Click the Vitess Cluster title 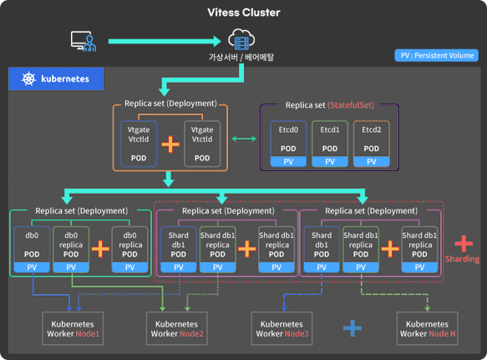[x=243, y=13]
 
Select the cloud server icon [x=240, y=39]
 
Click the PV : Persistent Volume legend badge [x=436, y=57]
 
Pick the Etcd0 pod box [x=288, y=143]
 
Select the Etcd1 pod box [x=329, y=143]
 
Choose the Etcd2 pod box [x=371, y=143]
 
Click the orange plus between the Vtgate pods [x=170, y=144]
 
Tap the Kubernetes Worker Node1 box [x=74, y=327]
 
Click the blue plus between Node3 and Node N [x=352, y=327]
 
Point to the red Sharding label [x=463, y=259]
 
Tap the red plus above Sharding [x=463, y=242]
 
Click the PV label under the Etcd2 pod [x=371, y=161]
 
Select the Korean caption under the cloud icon [x=241, y=58]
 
